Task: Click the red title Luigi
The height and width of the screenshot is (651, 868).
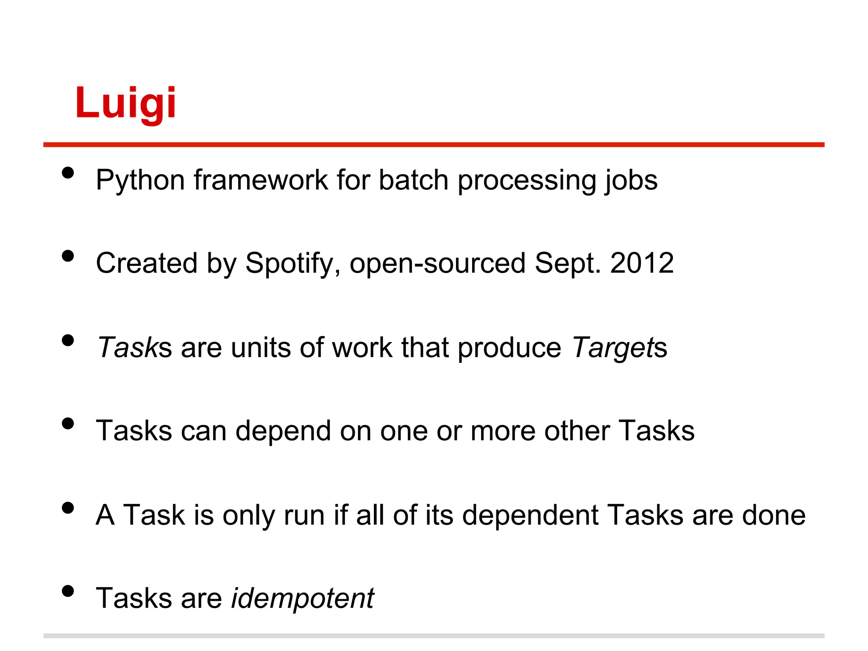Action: click(125, 103)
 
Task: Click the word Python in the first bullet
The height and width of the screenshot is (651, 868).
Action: click(140, 181)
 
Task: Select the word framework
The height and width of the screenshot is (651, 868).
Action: click(261, 180)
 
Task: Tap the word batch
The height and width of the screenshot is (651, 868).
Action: click(413, 180)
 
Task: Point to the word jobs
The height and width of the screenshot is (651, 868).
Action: click(631, 181)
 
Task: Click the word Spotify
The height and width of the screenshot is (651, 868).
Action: click(292, 264)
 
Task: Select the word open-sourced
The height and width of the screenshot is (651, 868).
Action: click(438, 264)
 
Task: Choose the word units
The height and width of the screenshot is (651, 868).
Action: click(261, 348)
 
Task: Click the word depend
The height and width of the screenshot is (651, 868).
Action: click(283, 431)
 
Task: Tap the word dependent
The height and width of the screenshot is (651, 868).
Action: click(530, 515)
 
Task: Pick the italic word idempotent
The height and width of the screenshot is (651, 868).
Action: click(302, 598)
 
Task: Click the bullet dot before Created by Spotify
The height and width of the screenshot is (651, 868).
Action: click(68, 256)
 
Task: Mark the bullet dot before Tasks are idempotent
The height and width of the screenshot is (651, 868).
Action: click(68, 591)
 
